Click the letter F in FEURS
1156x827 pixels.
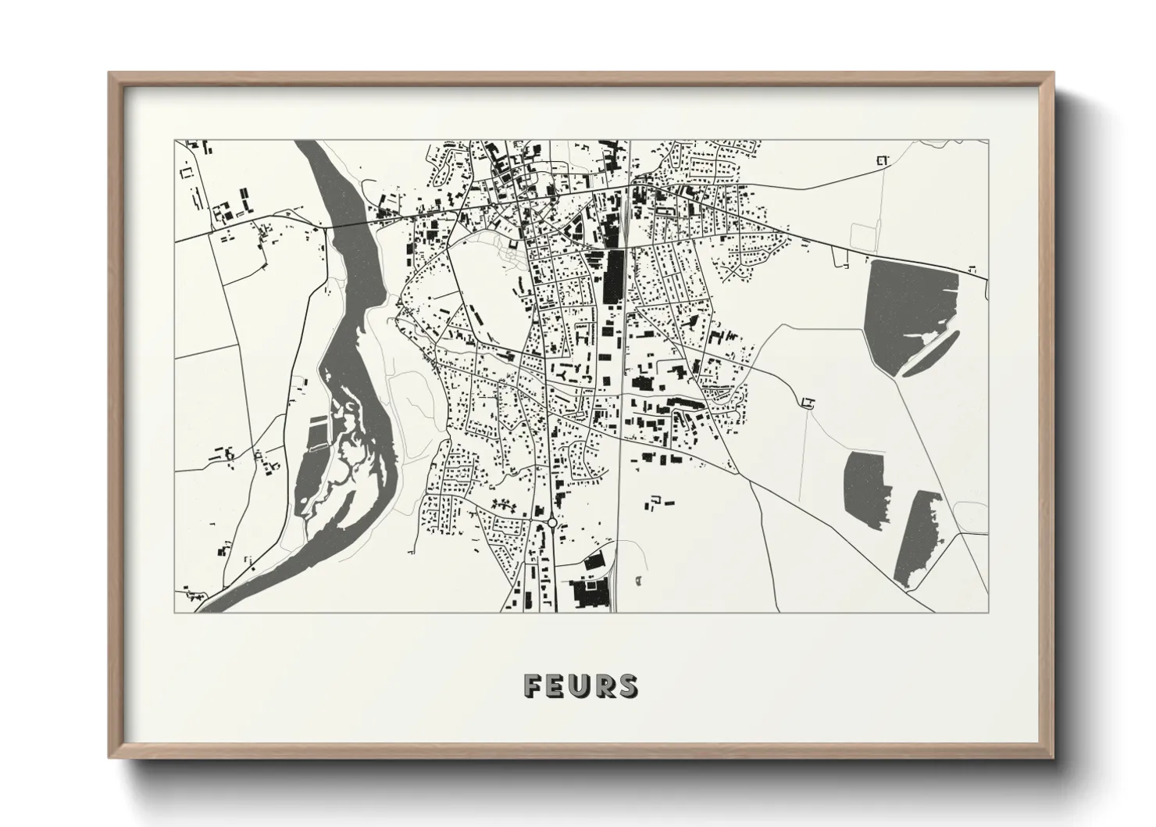534,686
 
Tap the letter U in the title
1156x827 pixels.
581,686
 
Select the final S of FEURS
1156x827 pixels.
627,686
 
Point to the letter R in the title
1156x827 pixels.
605,686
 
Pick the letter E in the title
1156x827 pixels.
558,686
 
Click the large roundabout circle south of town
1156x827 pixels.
551,523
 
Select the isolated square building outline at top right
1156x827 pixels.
883,162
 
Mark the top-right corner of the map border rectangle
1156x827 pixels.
988,141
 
